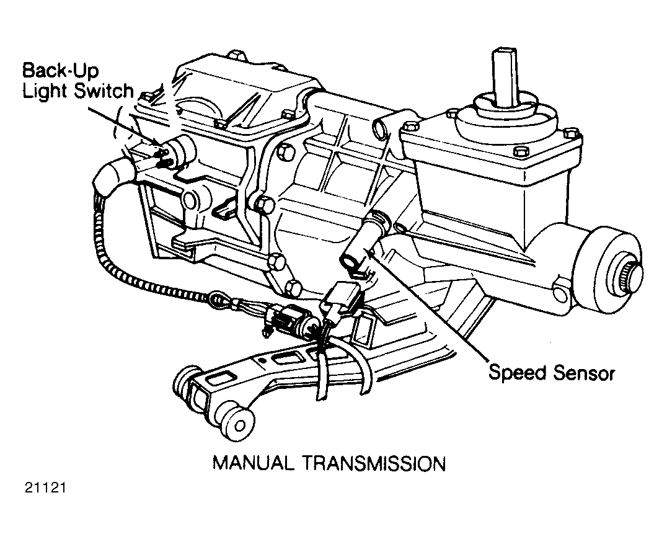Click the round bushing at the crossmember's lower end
click(237, 427)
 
